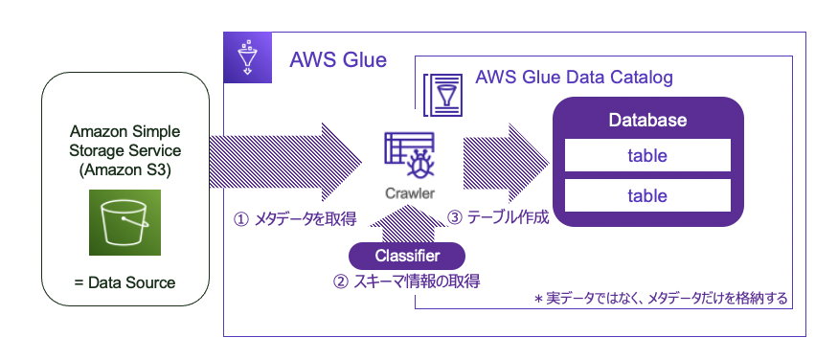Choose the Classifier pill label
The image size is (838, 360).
[x=407, y=256]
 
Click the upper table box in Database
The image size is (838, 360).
[x=647, y=155]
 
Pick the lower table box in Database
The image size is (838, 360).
[x=647, y=195]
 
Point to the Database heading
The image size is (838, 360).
[x=647, y=122]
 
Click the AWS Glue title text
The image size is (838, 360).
[x=338, y=60]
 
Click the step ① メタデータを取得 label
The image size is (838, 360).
[x=295, y=219]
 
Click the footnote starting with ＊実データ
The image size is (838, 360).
[x=661, y=299]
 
